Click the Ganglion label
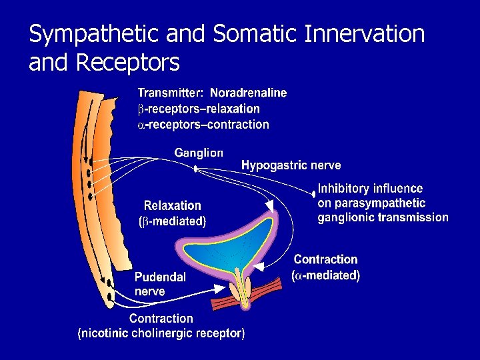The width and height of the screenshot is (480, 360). coord(199,153)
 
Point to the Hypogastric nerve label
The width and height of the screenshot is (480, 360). coord(291,165)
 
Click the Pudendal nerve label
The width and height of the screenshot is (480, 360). coord(160,284)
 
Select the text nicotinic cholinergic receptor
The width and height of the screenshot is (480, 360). coord(162,333)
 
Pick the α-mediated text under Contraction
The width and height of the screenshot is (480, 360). coord(327,275)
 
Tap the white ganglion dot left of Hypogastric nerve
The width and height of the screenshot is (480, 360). coord(195,169)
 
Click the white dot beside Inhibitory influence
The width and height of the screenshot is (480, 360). coord(313,195)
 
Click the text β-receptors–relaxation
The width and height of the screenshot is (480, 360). coord(199,109)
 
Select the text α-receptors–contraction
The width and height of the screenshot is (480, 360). coord(203,125)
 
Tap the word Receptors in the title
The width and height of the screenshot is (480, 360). coord(128,63)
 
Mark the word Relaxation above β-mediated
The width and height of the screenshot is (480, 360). coord(172,206)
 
